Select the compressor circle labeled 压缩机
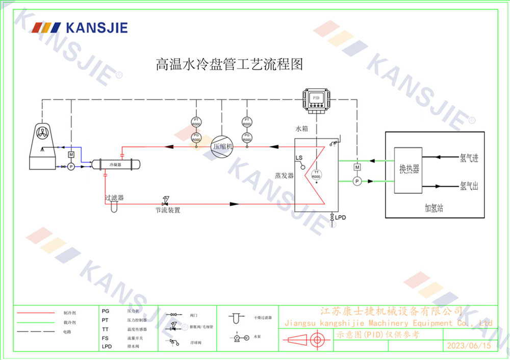tap(222, 146)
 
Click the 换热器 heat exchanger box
tap(409, 170)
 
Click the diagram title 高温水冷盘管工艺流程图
tap(229, 65)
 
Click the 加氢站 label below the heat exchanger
tap(435, 208)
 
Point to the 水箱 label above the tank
tap(302, 130)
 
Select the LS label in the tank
tap(299, 158)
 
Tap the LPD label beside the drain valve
tap(341, 218)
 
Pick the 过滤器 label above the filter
tap(114, 197)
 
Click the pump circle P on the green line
tap(357, 181)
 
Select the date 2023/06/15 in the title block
tap(468, 346)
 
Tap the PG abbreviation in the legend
tap(106, 311)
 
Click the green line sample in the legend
tap(36, 322)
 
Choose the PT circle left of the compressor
tap(196, 121)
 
